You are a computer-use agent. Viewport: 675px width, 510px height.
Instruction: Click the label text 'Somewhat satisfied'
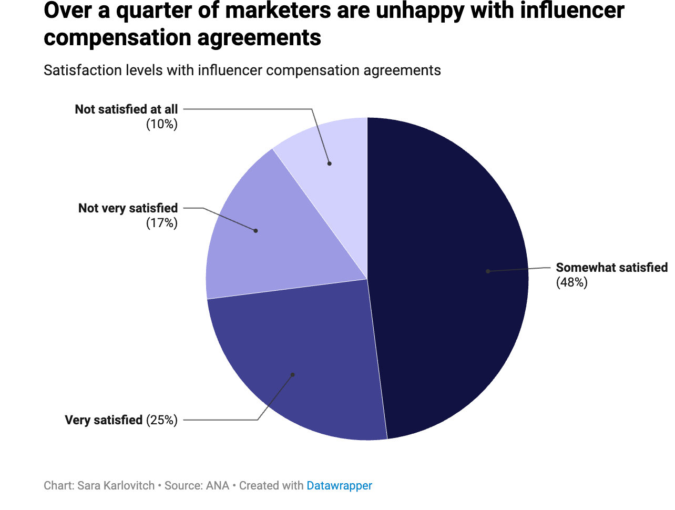pos(611,268)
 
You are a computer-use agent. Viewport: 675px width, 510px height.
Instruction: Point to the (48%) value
pos(571,283)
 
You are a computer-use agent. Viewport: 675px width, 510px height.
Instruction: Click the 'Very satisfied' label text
pos(104,420)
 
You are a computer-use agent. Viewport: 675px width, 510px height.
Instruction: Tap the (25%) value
pos(162,420)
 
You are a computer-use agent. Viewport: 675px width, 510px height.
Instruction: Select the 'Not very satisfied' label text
pos(128,208)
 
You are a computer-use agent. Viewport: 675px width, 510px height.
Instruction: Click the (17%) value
pos(162,223)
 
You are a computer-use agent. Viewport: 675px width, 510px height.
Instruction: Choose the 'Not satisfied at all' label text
pos(126,109)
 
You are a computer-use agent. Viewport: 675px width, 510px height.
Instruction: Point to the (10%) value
pos(162,124)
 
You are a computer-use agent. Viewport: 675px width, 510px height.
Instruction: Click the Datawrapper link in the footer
pos(339,486)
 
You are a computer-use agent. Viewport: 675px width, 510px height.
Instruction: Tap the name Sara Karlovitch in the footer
pos(116,486)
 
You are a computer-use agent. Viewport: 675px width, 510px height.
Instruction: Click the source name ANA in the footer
pos(217,486)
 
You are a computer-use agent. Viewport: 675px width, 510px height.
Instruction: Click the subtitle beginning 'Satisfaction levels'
pos(242,70)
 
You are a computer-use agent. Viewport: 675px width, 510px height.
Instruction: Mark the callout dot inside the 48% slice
pos(488,271)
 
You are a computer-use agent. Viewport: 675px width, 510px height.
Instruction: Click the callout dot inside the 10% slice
pos(330,164)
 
